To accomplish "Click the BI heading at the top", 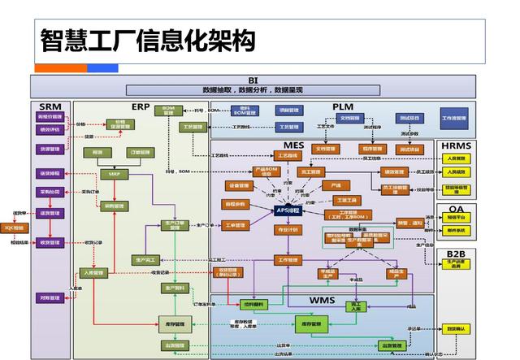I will click(x=253, y=80).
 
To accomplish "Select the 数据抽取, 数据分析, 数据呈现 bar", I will click(x=253, y=89).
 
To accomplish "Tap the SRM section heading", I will click(x=50, y=106).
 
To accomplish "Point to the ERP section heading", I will click(x=140, y=106).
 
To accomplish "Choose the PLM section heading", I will click(x=342, y=107).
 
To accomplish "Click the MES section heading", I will click(x=293, y=145).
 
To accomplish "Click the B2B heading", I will click(x=456, y=254).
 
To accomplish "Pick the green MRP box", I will click(x=114, y=174).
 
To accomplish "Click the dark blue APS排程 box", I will click(x=288, y=210).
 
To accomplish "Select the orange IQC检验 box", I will click(x=15, y=228).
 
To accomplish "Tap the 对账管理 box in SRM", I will click(x=50, y=298).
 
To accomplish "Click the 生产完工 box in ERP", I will click(x=144, y=260).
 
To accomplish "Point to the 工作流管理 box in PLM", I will click(x=453, y=119).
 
